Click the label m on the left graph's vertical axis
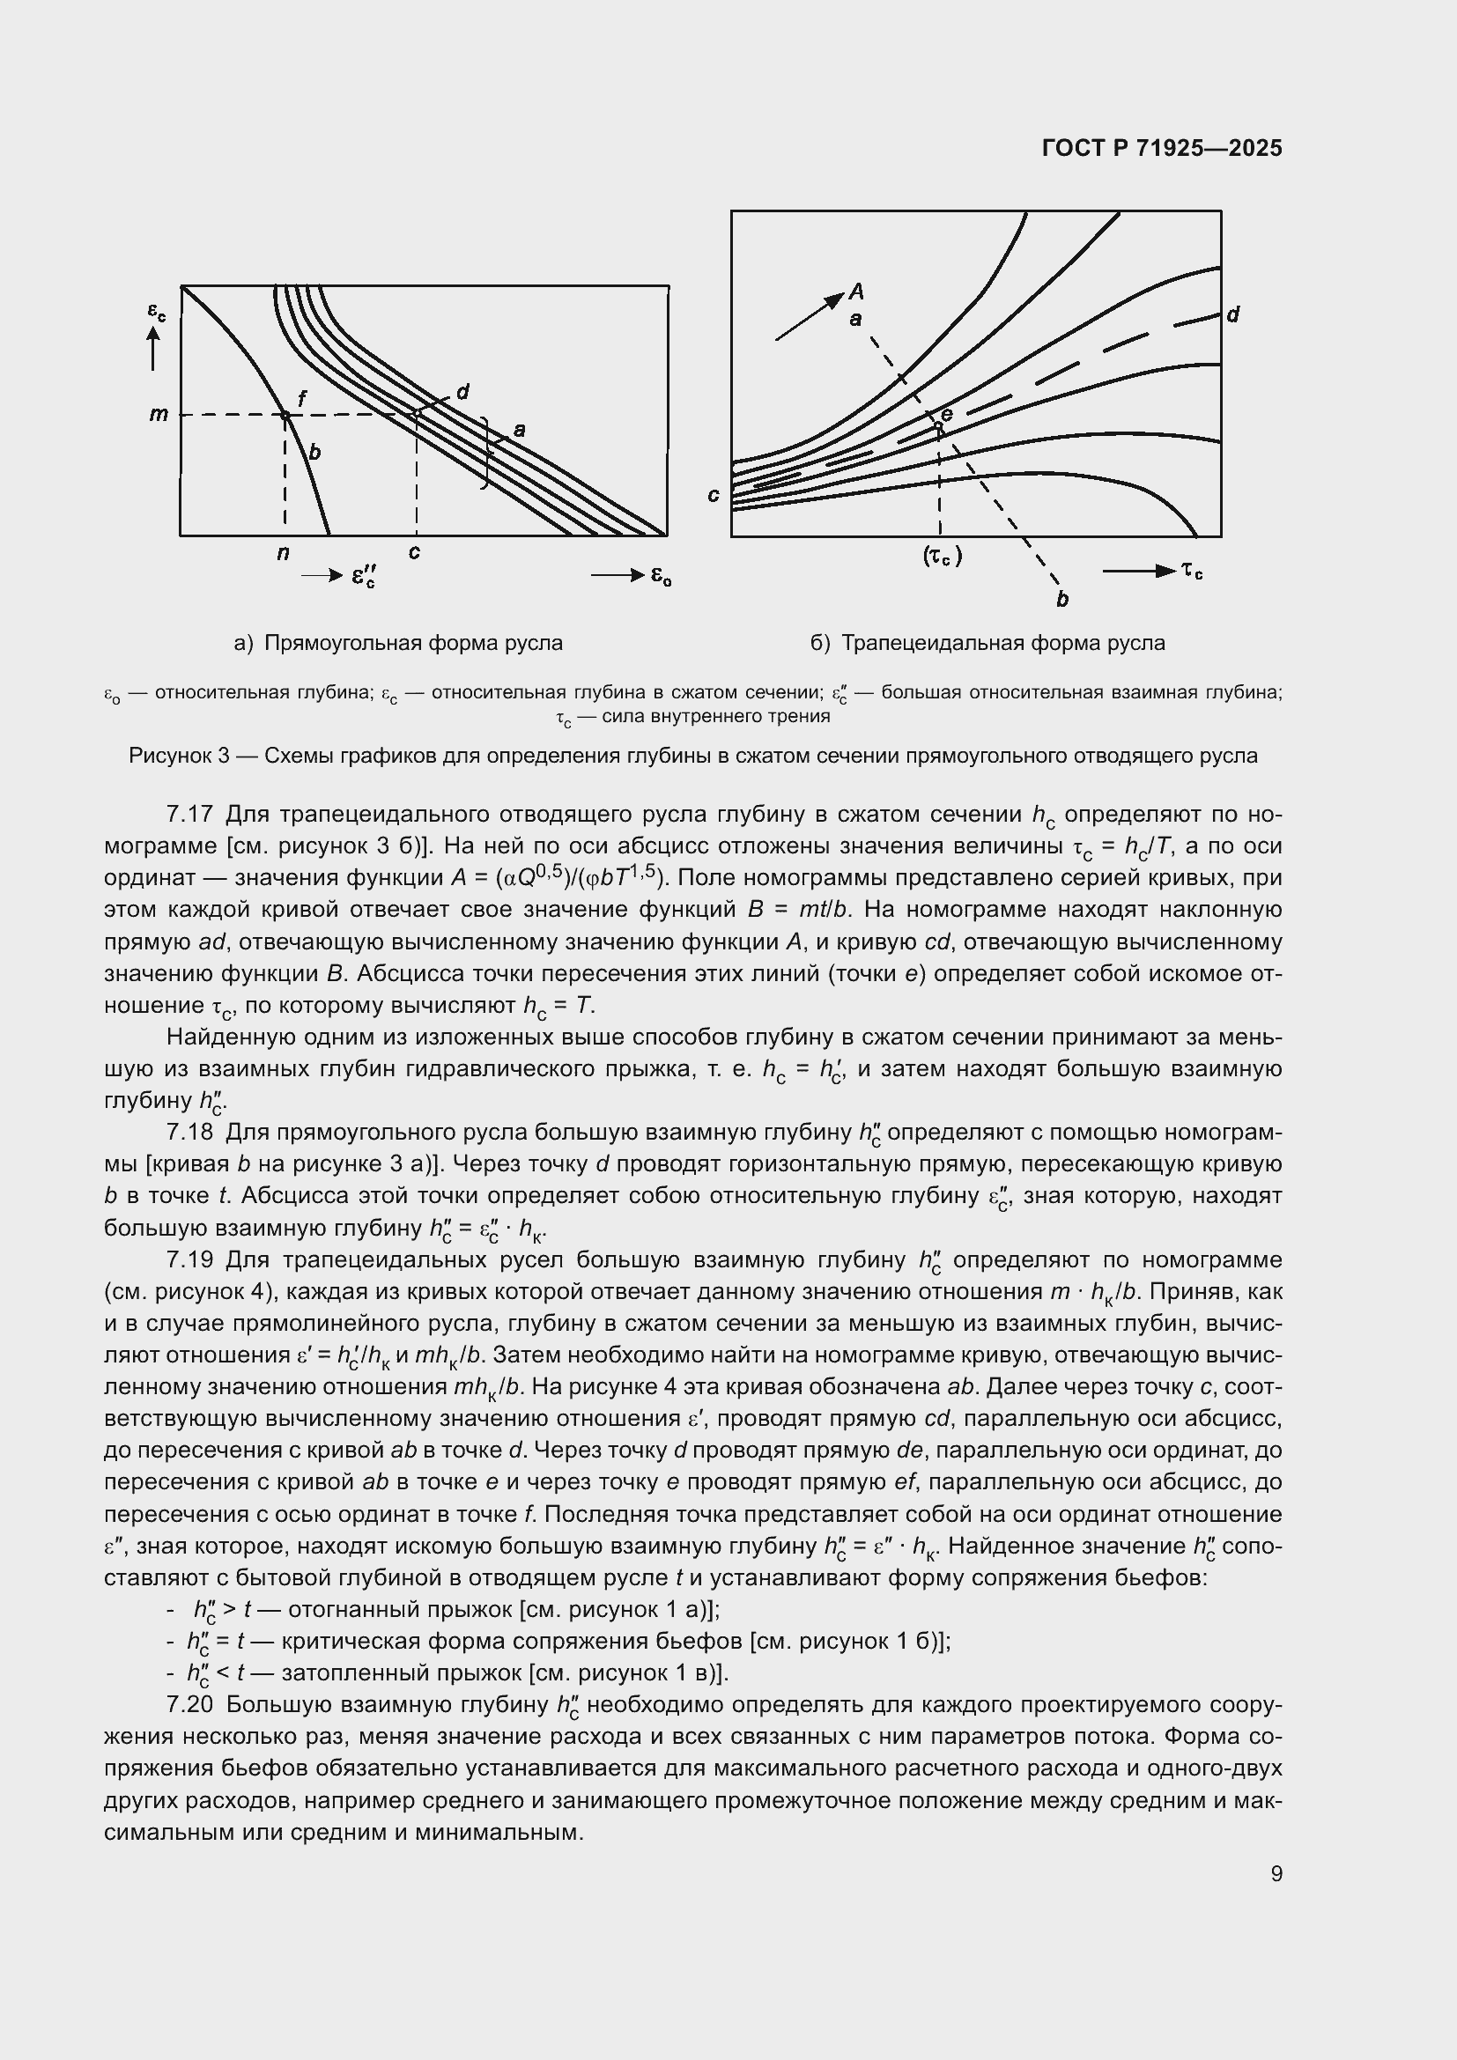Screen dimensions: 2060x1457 159,415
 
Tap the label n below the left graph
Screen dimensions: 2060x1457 284,554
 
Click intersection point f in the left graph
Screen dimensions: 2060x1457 285,415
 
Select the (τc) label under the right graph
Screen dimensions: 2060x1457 942,557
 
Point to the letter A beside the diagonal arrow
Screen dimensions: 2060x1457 857,291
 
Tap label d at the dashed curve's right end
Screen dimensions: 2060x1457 1232,315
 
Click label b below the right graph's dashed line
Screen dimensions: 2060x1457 1062,600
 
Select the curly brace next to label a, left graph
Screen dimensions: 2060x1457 485,453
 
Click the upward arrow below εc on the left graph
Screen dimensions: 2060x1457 153,348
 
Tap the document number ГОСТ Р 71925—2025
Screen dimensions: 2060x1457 1162,149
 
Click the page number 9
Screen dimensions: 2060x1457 1276,1873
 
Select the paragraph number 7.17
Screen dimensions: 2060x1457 189,815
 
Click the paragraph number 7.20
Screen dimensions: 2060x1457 189,1705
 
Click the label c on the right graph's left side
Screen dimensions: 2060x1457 714,495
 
